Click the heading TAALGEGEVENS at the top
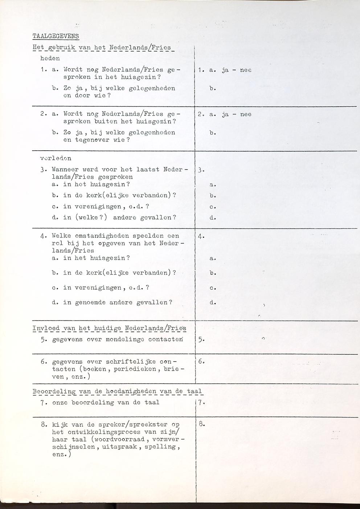click(x=56, y=36)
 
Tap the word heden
click(x=50, y=58)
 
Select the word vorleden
click(x=56, y=158)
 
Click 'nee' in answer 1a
click(x=246, y=70)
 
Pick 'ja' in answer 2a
click(x=225, y=114)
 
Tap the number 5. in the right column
click(x=202, y=340)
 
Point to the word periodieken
click(x=135, y=369)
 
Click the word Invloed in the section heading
click(x=46, y=329)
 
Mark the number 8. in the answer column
click(x=202, y=424)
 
